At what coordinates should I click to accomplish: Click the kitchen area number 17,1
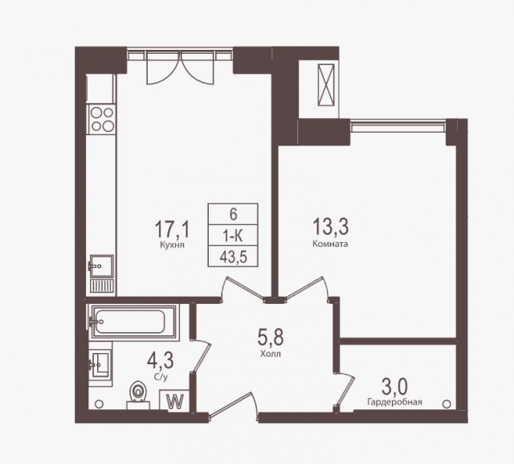point(172,229)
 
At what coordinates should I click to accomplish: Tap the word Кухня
point(173,244)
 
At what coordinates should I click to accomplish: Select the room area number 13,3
point(330,227)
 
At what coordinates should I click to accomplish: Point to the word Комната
point(330,244)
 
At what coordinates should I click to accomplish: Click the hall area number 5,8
point(271,337)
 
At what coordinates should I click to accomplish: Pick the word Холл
point(271,354)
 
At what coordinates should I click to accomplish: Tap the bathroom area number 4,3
point(161,360)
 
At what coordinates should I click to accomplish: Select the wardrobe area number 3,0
point(394,387)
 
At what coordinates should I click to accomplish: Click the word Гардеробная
point(394,402)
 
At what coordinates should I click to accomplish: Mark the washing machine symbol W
point(175,401)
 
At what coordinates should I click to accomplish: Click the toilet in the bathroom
point(138,395)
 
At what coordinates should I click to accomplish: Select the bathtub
point(134,321)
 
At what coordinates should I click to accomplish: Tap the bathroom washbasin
point(100,364)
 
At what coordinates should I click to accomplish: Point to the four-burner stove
point(102,120)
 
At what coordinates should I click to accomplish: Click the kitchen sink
point(101,265)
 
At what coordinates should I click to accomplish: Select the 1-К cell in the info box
point(233,236)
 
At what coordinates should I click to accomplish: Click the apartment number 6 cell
point(233,214)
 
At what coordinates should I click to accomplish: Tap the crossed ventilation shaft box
point(325,85)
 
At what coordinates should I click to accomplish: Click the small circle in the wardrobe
point(447,403)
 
